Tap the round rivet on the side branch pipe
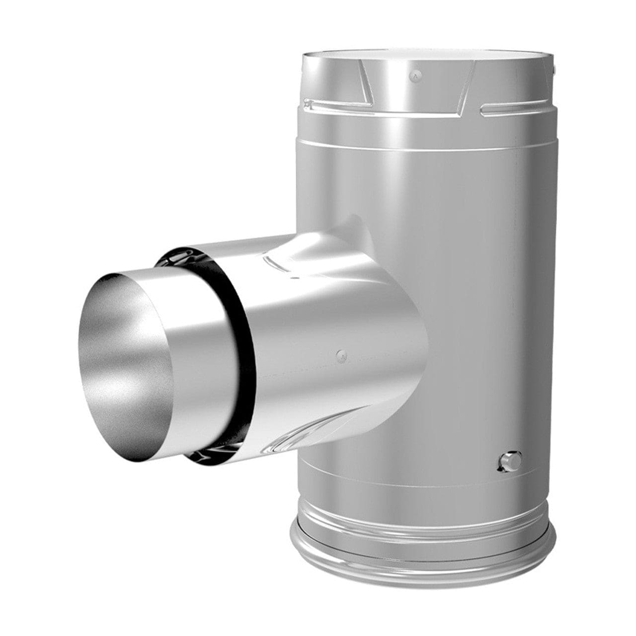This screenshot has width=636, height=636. tap(341, 355)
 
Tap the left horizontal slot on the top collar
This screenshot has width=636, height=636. tap(338, 104)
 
